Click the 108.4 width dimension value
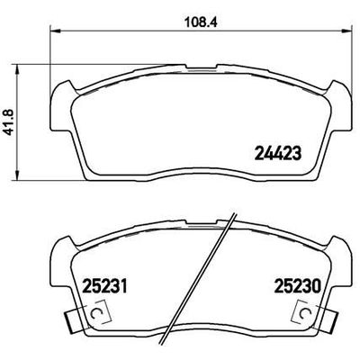click(x=192, y=18)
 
